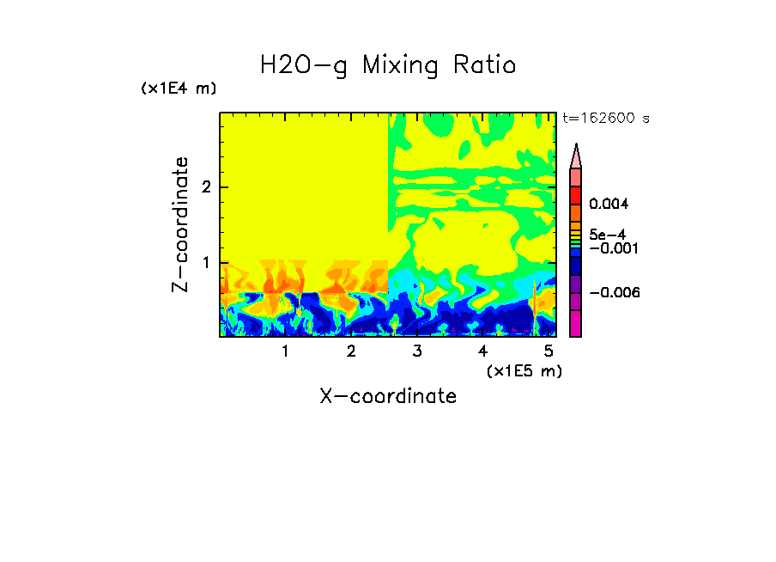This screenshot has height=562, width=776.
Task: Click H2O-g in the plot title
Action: [303, 65]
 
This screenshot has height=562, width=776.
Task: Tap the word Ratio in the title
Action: [485, 65]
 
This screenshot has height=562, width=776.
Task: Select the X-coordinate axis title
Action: [388, 396]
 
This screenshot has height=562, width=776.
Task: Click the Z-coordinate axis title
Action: [180, 224]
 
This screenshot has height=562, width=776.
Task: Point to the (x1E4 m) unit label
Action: [179, 89]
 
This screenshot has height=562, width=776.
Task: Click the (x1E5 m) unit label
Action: [524, 370]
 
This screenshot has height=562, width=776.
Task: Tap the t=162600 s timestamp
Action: [605, 118]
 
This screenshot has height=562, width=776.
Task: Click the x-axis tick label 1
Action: [285, 351]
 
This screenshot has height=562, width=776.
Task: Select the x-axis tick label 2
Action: [351, 351]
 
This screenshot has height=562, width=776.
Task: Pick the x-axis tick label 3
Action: [417, 351]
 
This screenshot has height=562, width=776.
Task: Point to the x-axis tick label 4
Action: [482, 351]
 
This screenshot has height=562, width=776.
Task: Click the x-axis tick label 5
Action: [549, 351]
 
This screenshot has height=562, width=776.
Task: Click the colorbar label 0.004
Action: [609, 205]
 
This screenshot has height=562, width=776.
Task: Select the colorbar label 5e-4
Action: [607, 234]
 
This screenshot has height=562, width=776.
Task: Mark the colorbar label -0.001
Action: [610, 248]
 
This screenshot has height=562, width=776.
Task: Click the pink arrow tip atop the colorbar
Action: [576, 156]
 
